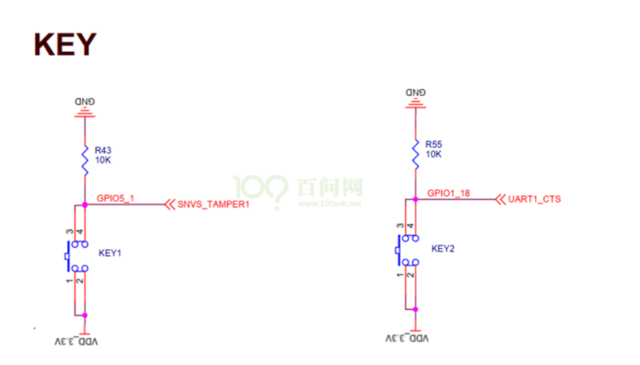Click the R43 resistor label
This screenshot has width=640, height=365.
coord(102,149)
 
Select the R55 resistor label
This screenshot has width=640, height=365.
coord(434,143)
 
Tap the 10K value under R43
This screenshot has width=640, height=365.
coord(102,161)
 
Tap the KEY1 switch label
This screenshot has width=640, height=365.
coord(110,253)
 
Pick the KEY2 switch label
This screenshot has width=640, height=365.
coord(444,248)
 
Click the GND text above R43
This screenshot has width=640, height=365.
coord(85,101)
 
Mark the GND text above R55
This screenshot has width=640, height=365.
coord(416,92)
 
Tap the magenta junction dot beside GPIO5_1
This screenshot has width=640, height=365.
coord(85,204)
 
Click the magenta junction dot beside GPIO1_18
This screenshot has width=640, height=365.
coord(416,198)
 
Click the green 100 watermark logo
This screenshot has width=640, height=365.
coord(259,189)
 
